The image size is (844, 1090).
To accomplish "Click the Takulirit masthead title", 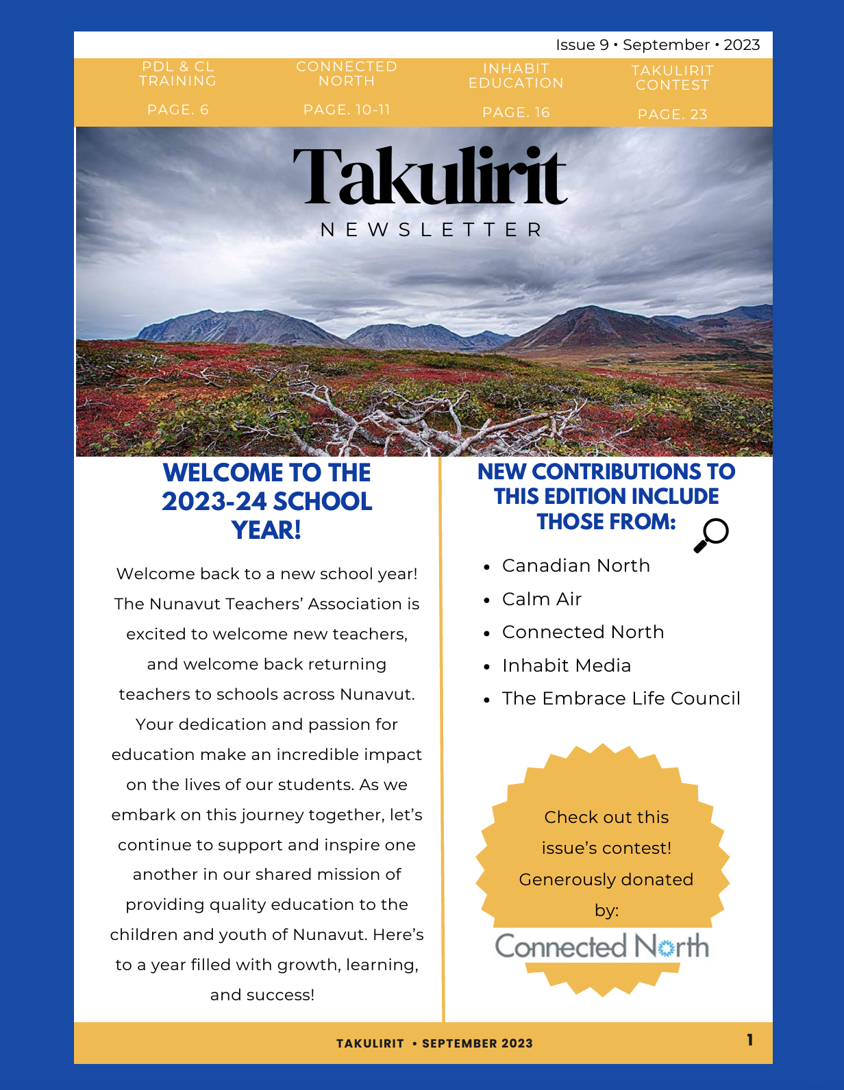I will click(430, 176).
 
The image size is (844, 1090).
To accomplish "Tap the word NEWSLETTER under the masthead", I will click(432, 230).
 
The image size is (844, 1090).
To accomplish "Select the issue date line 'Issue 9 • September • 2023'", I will click(658, 45).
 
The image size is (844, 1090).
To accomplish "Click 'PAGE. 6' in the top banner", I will click(178, 110).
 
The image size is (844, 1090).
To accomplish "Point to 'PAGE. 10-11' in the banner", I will click(347, 110).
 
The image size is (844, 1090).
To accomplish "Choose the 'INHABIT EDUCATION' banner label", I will click(516, 76).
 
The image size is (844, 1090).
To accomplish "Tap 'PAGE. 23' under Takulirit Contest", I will click(672, 114).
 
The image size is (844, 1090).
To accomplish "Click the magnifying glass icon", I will click(710, 535).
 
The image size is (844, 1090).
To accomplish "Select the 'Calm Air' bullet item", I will click(541, 599).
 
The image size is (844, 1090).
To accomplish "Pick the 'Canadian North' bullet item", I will click(575, 566).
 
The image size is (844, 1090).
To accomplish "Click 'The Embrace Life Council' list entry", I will click(621, 698).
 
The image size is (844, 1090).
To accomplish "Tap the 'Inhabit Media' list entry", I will click(566, 666).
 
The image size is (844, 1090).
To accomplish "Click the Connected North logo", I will click(601, 946).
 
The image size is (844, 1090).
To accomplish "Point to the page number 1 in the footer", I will click(750, 1040).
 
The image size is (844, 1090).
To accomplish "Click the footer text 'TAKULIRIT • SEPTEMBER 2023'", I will click(434, 1043).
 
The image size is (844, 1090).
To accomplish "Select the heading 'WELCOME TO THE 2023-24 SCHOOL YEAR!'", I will click(267, 501).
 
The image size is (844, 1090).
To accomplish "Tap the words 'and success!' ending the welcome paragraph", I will click(262, 995).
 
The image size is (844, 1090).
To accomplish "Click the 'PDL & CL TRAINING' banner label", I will click(178, 74).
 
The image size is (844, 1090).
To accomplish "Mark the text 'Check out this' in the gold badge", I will click(606, 818).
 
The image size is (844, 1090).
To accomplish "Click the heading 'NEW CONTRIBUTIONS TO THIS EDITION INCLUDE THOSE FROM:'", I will click(606, 496).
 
